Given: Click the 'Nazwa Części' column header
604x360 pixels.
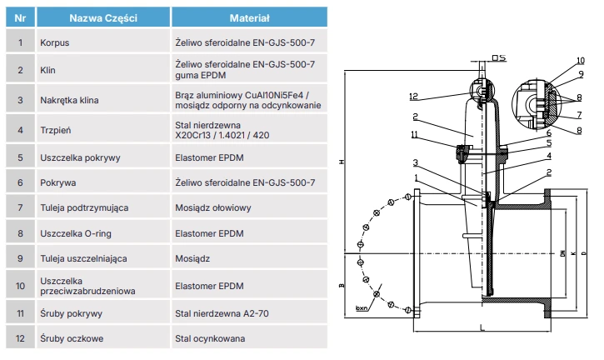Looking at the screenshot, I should pos(103,17).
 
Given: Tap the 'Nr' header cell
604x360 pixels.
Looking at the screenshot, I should pos(20,17).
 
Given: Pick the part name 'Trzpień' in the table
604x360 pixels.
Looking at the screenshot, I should pos(57,130).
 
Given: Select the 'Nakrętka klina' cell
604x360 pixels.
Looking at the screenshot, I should pos(69,100).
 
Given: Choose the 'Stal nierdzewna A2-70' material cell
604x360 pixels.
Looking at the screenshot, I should pos(225,313).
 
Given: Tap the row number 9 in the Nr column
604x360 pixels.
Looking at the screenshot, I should pos(20,259).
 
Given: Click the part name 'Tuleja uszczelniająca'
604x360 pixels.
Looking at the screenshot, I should pos(83,259).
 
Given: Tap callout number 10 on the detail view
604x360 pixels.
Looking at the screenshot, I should pos(580,61).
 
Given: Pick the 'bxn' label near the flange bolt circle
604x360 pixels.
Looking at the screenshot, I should pos(362,307).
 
